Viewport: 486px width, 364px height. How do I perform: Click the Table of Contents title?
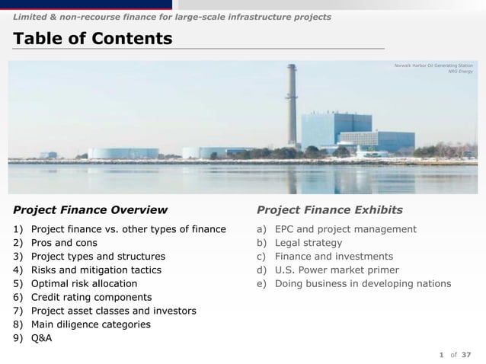pos(91,38)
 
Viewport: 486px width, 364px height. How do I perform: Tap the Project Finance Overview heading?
pos(90,209)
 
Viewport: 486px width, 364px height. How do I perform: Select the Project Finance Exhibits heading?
pos(330,209)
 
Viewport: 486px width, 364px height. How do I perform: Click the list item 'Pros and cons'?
pos(64,243)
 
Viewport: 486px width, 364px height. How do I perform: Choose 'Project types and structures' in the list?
pos(98,257)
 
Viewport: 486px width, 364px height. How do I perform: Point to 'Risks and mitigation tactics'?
pos(96,270)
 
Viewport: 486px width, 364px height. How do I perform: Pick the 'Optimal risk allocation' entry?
pos(84,284)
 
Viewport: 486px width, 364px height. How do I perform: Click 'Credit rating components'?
pos(91,298)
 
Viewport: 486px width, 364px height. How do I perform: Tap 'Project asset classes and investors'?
pos(114,311)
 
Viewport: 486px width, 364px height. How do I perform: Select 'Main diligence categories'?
pos(91,325)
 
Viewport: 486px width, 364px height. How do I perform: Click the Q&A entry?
pos(42,339)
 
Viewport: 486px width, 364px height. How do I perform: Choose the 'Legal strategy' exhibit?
pos(309,243)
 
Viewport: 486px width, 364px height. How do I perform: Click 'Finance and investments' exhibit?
pos(334,257)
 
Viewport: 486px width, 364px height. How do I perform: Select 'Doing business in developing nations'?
pos(363,284)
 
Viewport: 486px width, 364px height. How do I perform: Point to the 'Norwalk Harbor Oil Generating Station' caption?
pos(433,66)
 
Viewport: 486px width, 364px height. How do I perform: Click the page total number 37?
pos(466,354)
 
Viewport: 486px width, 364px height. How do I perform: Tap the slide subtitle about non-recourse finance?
pos(171,16)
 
